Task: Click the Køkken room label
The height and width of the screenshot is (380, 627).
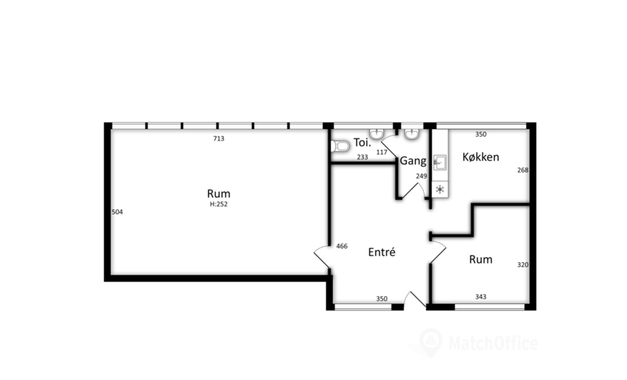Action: pyautogui.click(x=480, y=157)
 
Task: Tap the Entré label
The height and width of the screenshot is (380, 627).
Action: pyautogui.click(x=382, y=252)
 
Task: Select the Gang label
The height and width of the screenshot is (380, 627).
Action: pyautogui.click(x=413, y=161)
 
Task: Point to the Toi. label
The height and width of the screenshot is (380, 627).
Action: pyautogui.click(x=362, y=142)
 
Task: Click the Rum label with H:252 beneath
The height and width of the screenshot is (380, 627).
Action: pyautogui.click(x=219, y=193)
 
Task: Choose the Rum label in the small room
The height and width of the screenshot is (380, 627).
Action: pyautogui.click(x=480, y=259)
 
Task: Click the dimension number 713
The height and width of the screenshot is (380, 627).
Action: pyautogui.click(x=219, y=138)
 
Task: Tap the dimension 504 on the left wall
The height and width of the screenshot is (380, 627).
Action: pyautogui.click(x=117, y=212)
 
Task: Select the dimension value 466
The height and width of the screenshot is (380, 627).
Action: pyautogui.click(x=341, y=246)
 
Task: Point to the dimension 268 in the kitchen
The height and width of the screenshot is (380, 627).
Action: pyautogui.click(x=522, y=170)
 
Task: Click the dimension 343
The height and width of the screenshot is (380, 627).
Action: pyautogui.click(x=480, y=297)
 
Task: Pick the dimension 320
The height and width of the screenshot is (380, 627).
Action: pyautogui.click(x=522, y=265)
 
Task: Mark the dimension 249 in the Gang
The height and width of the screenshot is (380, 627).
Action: pyautogui.click(x=421, y=176)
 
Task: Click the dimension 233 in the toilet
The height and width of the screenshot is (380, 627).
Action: pyautogui.click(x=363, y=157)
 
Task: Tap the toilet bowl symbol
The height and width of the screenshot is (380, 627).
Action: pyautogui.click(x=340, y=144)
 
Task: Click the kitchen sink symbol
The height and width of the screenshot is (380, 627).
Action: pyautogui.click(x=440, y=162)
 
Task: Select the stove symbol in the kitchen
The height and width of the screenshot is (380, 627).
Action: pyautogui.click(x=440, y=188)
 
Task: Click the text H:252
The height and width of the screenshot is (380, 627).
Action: pyautogui.click(x=219, y=204)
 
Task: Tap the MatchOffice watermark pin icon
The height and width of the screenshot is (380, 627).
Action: pyautogui.click(x=431, y=340)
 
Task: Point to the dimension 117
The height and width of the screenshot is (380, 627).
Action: pyautogui.click(x=382, y=152)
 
